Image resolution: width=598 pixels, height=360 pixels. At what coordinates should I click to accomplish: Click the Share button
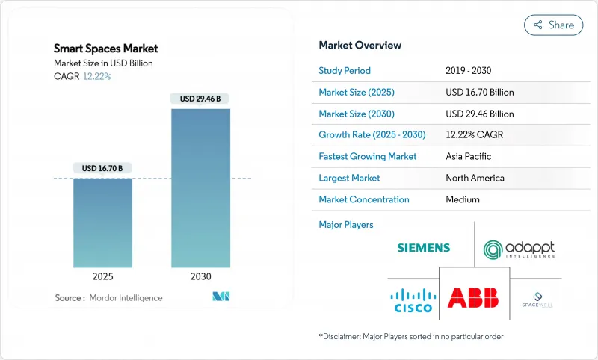click(x=553, y=25)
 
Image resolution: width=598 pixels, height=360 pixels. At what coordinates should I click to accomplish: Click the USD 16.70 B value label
click(x=103, y=169)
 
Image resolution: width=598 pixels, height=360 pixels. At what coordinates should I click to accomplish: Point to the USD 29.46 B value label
click(x=200, y=99)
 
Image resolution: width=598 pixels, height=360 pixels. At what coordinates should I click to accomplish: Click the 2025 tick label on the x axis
click(x=103, y=276)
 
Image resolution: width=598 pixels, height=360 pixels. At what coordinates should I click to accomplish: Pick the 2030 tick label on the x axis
click(x=200, y=276)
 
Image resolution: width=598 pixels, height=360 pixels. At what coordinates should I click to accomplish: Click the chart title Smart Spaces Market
click(x=106, y=49)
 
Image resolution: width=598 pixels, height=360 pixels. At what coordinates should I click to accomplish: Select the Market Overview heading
click(x=360, y=46)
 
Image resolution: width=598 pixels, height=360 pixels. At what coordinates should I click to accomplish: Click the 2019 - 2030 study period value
click(x=469, y=71)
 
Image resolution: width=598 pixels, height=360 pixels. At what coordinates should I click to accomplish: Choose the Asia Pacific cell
click(x=469, y=157)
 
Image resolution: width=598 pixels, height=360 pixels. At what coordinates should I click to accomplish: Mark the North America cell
click(x=475, y=178)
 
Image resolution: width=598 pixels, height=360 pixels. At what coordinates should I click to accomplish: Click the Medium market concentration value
click(x=463, y=199)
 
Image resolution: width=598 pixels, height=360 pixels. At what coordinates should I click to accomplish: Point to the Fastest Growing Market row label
click(x=368, y=157)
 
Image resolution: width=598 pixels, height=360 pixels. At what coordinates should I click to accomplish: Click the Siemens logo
click(x=423, y=247)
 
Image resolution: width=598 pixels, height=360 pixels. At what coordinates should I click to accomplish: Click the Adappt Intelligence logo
click(x=519, y=249)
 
